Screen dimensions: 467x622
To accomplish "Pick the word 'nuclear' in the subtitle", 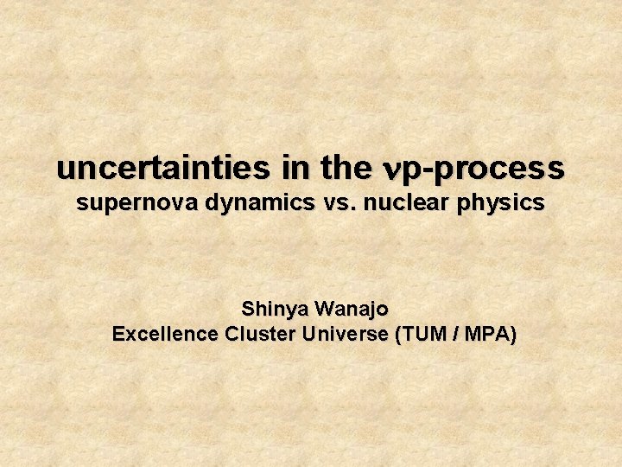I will point(397,204).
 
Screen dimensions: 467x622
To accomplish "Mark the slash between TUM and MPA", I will point(454,335).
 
